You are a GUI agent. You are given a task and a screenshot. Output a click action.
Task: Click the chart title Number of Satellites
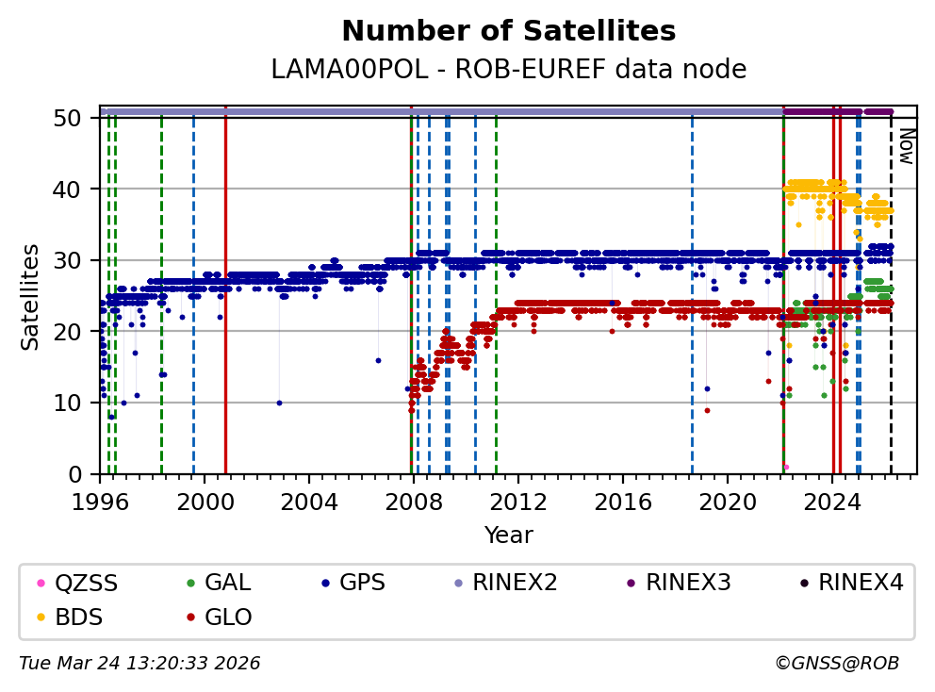pos(508,31)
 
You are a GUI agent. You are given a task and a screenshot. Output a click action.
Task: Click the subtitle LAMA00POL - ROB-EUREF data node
pos(508,70)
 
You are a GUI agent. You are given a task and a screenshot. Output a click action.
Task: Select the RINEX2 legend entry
pos(515,583)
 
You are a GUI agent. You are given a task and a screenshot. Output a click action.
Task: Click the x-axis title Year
pos(508,535)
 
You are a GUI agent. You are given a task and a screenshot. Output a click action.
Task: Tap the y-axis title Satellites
pos(31,296)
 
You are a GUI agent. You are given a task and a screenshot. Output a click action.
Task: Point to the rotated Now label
pos(905,146)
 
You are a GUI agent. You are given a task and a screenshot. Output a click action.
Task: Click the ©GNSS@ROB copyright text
pos(837,664)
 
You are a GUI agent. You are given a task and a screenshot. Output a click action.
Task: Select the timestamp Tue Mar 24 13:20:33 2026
pos(139,664)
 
